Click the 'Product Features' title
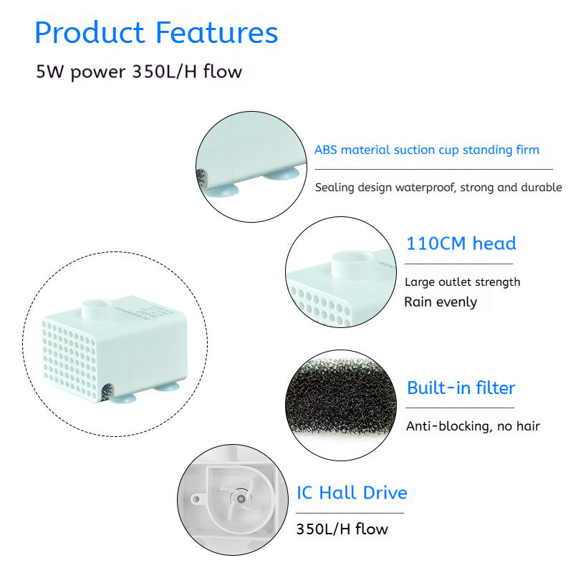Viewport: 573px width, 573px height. click(x=156, y=32)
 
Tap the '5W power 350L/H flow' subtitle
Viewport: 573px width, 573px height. click(x=139, y=72)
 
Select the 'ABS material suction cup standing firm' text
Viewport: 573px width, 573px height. click(x=427, y=150)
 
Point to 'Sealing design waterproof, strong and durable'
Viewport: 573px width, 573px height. click(x=438, y=188)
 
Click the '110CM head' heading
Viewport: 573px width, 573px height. click(x=461, y=244)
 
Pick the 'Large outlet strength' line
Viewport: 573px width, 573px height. click(x=462, y=281)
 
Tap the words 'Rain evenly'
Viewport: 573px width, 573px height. click(x=440, y=302)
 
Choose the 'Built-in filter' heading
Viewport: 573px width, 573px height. click(x=461, y=387)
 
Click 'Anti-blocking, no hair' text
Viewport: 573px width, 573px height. click(x=473, y=426)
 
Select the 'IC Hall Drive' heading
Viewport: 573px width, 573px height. click(x=352, y=493)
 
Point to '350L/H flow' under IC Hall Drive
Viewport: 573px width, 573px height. click(x=342, y=529)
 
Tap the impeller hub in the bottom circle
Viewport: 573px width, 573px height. click(x=240, y=499)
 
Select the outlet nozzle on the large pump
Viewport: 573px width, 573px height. click(x=97, y=310)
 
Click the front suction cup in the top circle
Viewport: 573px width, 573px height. click(x=221, y=191)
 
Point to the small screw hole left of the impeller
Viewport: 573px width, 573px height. click(x=196, y=499)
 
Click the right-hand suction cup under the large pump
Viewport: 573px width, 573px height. click(x=166, y=387)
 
